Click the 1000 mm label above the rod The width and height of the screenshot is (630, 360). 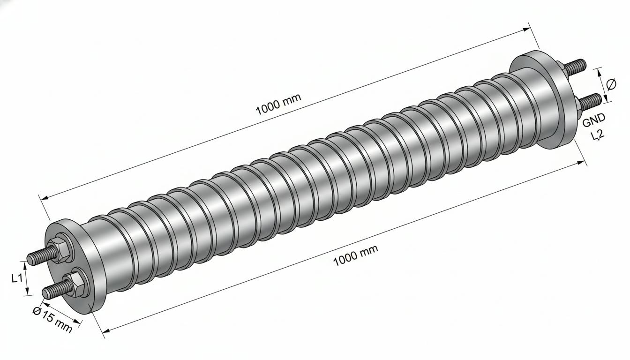(278, 104)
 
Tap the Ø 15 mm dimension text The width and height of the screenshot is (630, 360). (52, 320)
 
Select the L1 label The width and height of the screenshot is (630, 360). (16, 278)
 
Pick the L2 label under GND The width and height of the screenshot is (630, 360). (597, 135)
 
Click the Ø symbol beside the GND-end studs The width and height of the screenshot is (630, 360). (611, 84)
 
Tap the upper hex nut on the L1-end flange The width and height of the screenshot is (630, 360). (58, 249)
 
